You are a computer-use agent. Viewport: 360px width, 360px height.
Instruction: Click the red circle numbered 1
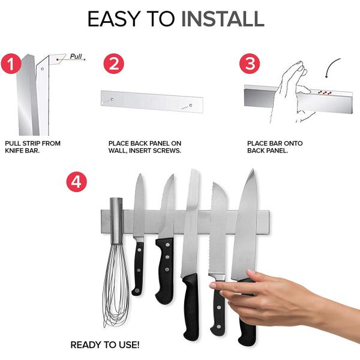(x=10, y=64)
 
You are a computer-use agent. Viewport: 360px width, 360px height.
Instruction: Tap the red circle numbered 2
(x=114, y=64)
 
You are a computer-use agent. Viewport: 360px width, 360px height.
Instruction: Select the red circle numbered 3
(x=250, y=64)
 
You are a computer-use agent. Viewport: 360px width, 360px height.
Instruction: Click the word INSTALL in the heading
(x=223, y=19)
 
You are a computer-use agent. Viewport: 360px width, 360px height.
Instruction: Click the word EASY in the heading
(x=116, y=19)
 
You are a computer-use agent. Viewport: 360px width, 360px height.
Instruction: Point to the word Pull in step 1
(x=76, y=56)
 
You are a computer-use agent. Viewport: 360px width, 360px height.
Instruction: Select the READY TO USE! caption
(x=105, y=345)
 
